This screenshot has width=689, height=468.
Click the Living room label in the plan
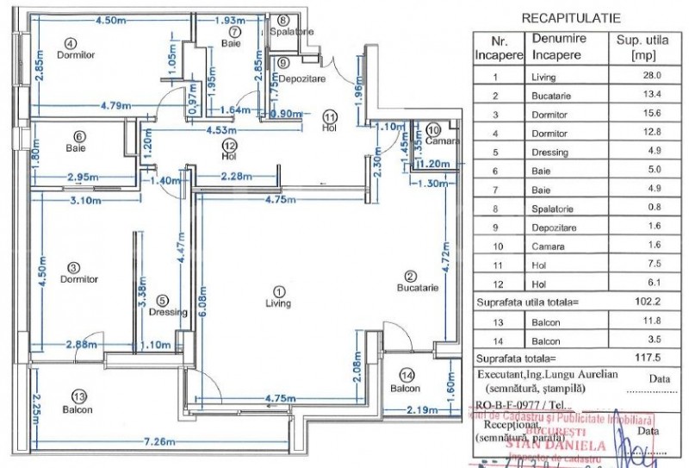click(x=278, y=303)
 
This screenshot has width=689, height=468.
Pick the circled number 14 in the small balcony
click(x=408, y=376)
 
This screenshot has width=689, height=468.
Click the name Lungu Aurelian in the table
click(x=570, y=373)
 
